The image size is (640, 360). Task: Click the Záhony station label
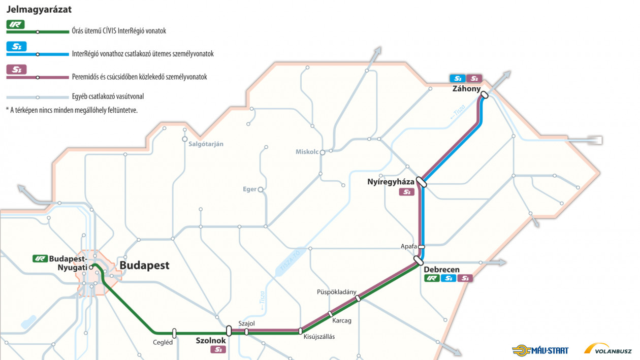467,89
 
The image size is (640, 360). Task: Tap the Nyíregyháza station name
391,182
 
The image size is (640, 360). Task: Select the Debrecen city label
442,269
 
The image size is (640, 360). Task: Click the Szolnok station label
211,341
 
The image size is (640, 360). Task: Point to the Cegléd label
163,342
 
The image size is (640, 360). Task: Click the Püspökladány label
336,292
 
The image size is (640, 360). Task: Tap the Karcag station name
342,321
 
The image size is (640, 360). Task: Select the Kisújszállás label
319,336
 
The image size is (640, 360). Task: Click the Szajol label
246,323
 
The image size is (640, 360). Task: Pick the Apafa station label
408,246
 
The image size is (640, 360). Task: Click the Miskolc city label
307,152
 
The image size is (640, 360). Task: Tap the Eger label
249,189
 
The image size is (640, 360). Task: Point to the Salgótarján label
206,144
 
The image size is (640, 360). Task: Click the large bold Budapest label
144,266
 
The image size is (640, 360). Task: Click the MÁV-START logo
540,350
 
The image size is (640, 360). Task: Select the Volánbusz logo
608,349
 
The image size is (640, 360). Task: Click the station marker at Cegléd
174,333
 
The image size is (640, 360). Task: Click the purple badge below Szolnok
218,350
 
